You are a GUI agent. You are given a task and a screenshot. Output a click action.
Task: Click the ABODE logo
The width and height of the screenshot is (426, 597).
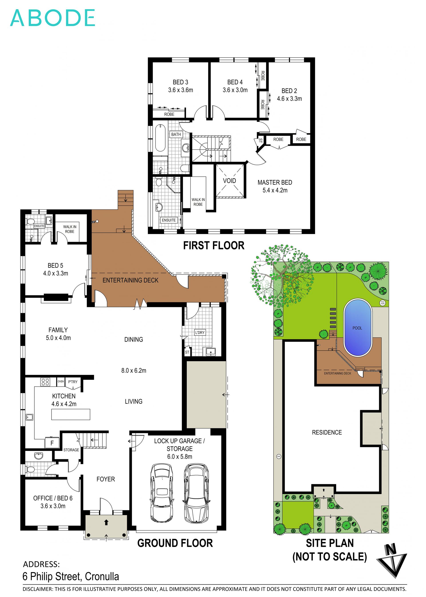52,18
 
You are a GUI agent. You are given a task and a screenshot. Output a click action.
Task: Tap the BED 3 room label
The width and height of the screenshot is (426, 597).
180,82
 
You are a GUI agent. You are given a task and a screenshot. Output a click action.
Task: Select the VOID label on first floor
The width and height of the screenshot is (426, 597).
229,181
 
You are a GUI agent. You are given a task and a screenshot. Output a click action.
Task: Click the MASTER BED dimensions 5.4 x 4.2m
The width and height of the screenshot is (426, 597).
275,190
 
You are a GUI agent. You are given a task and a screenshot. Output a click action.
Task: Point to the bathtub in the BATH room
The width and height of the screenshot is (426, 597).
160,138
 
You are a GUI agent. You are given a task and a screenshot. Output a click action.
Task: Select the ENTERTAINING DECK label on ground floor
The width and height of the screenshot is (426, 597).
130,280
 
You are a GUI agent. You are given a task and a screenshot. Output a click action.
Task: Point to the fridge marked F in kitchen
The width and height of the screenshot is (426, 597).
52,443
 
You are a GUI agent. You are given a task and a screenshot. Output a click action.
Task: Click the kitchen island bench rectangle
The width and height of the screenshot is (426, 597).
71,414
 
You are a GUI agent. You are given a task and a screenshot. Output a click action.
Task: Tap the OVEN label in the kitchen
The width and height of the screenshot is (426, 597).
61,381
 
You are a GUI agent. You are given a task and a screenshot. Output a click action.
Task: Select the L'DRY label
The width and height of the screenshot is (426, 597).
200,333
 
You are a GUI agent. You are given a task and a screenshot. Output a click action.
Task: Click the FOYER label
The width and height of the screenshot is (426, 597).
105,479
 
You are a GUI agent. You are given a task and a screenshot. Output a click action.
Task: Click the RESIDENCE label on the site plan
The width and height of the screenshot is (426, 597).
327,432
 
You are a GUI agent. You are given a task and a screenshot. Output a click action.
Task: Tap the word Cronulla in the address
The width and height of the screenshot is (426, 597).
102,577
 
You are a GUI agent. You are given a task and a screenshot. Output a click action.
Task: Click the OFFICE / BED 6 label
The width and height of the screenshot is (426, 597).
53,498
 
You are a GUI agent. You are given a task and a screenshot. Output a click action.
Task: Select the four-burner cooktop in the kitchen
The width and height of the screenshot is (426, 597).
45,382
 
